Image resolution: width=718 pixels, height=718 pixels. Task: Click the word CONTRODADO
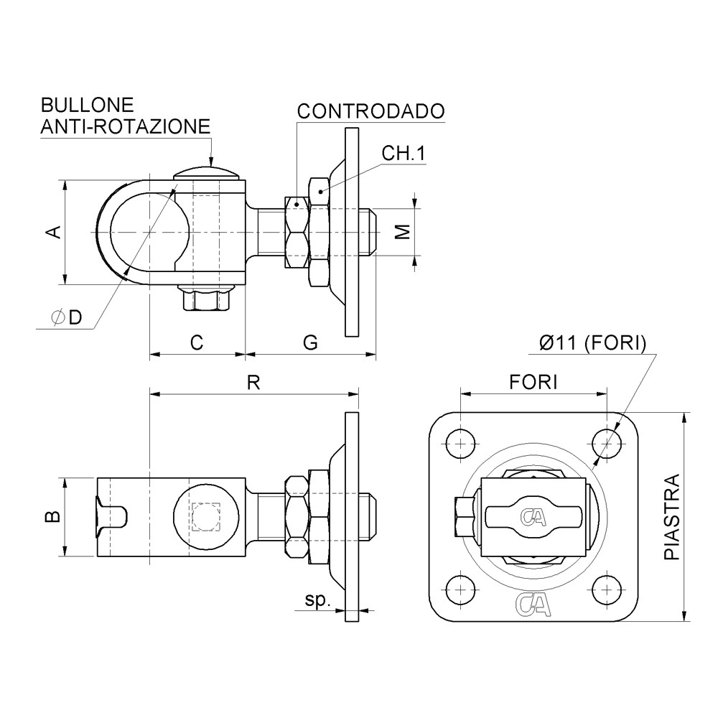pos(371,111)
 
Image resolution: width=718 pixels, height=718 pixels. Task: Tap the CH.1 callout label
pos(404,154)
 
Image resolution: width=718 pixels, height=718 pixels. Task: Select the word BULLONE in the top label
pos(87,106)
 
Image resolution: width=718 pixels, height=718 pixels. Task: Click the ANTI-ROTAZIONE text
pos(126,126)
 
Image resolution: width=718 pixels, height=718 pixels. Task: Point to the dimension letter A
pos(54,232)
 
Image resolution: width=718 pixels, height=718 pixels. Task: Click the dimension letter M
pos(403,232)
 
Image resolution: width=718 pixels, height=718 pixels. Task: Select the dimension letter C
pos(197,342)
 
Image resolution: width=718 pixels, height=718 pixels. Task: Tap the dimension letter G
pos(310,342)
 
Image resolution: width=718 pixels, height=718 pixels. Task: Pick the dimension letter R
pos(253,382)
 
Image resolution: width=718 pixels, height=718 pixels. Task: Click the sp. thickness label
pos(318,600)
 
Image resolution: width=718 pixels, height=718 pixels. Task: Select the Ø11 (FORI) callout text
pos(592,343)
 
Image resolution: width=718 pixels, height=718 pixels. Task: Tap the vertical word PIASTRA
pos(672,516)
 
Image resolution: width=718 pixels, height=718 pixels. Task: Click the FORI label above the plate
pos(533,382)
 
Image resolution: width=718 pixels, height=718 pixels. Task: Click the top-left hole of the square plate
pos(460,443)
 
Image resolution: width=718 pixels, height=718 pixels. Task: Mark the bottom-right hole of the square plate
pos(607,589)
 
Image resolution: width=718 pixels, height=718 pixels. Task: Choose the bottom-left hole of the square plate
pos(460,589)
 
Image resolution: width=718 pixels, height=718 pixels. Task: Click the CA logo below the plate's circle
pos(533,604)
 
